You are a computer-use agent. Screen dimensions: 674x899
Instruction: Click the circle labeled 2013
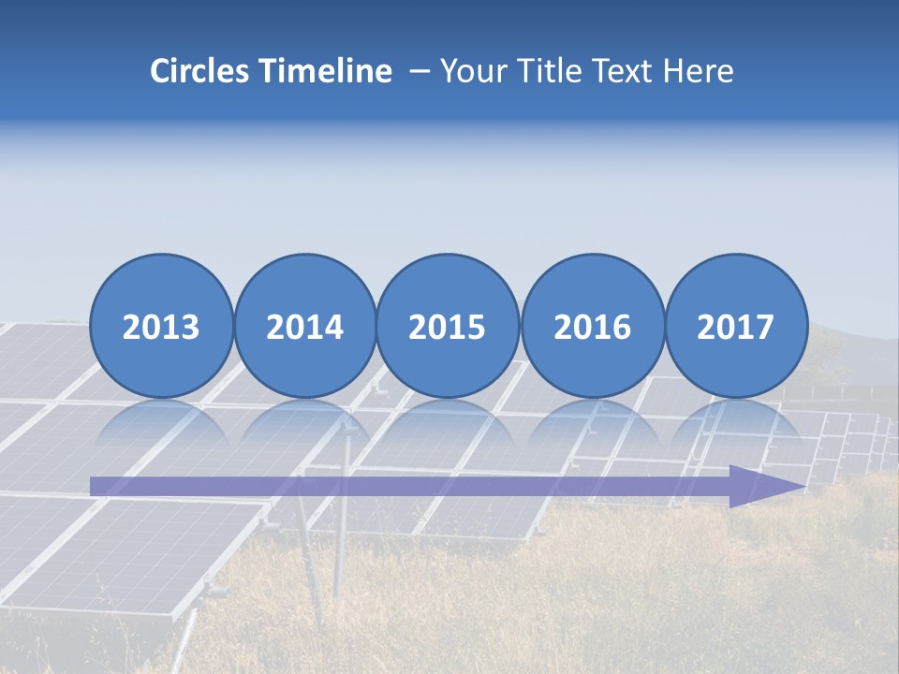pyautogui.click(x=161, y=327)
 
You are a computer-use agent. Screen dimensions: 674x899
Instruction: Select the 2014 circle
pyautogui.click(x=304, y=327)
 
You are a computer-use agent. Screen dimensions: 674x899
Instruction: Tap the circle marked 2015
pyautogui.click(x=448, y=327)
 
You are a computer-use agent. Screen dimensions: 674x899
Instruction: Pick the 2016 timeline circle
pyautogui.click(x=592, y=327)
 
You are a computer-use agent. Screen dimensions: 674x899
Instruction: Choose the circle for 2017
pyautogui.click(x=735, y=327)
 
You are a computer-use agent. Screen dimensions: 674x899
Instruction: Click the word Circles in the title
pyautogui.click(x=201, y=71)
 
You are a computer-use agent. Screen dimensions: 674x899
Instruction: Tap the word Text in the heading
pyautogui.click(x=620, y=71)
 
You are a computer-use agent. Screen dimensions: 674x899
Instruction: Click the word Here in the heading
pyautogui.click(x=698, y=71)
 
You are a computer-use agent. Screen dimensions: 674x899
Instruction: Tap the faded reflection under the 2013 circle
pyautogui.click(x=161, y=426)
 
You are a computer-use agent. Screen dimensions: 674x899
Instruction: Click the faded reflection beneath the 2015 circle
pyautogui.click(x=448, y=426)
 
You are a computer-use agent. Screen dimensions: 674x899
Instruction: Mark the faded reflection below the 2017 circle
pyautogui.click(x=735, y=426)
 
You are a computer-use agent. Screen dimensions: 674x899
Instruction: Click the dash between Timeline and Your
pyautogui.click(x=419, y=72)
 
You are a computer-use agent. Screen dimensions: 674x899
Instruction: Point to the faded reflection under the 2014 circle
pyautogui.click(x=304, y=426)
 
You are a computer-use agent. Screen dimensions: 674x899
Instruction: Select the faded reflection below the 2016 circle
pyautogui.click(x=592, y=426)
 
